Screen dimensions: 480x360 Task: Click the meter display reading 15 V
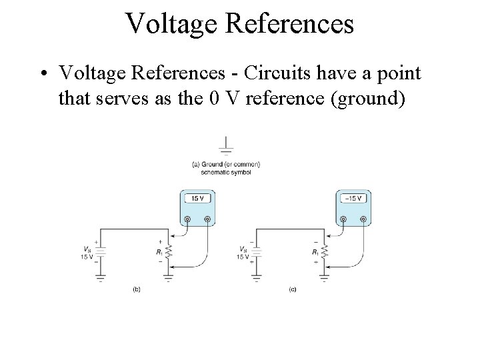coord(197,199)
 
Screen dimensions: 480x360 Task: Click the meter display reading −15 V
coord(353,199)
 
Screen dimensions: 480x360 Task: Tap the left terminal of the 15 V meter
coord(187,219)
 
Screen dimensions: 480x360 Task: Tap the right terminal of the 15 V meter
coord(207,219)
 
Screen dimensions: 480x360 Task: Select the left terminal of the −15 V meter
coord(343,219)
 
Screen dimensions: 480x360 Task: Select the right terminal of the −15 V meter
coord(363,219)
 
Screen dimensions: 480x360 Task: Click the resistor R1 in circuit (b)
coord(169,253)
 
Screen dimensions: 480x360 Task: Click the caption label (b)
coord(136,289)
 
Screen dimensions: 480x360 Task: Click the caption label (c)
coord(292,289)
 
